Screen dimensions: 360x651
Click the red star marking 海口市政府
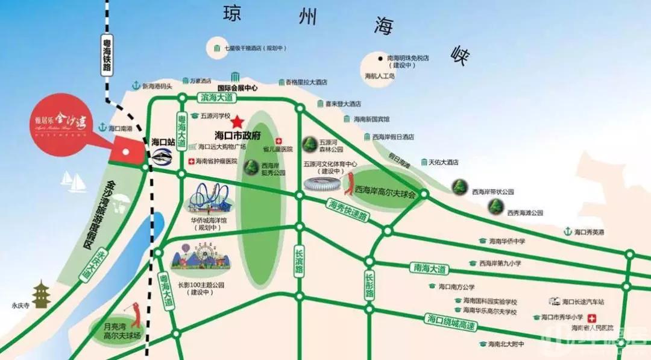(237, 121)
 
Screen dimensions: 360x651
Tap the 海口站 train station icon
(162, 155)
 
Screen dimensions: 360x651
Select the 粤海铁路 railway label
(107, 55)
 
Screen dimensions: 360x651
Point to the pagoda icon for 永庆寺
(41, 295)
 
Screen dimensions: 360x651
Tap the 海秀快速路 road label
(349, 209)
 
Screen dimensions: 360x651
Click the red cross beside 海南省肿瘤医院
(191, 161)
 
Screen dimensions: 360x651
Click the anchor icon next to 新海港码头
(136, 86)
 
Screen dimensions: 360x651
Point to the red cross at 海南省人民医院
(593, 318)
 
